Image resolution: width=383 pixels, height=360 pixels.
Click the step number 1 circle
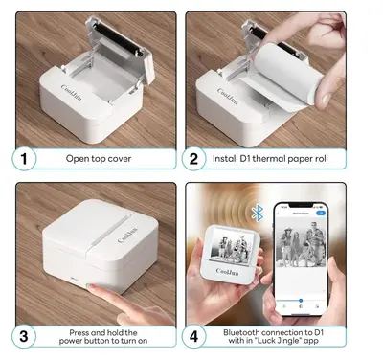(x=24, y=159)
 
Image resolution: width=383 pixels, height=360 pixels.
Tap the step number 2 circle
(x=193, y=159)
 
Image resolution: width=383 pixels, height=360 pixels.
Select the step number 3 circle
(x=24, y=336)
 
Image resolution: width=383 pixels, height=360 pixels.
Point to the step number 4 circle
(x=193, y=336)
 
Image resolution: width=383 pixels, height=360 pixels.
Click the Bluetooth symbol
(x=258, y=213)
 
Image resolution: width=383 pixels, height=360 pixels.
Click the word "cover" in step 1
(x=120, y=159)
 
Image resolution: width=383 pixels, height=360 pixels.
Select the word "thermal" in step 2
(x=269, y=159)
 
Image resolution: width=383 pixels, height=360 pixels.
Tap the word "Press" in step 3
(x=79, y=332)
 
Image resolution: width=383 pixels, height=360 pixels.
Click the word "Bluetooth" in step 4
(x=241, y=332)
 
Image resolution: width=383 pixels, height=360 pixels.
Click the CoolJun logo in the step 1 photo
(x=71, y=92)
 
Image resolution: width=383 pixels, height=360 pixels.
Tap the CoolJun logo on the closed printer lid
(x=127, y=235)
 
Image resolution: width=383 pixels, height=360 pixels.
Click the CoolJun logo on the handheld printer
(x=227, y=272)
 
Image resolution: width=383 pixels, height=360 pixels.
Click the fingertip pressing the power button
(x=92, y=287)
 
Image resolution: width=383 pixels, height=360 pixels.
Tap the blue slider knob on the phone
(x=301, y=301)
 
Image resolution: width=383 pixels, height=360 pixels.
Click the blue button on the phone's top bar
(x=320, y=213)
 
